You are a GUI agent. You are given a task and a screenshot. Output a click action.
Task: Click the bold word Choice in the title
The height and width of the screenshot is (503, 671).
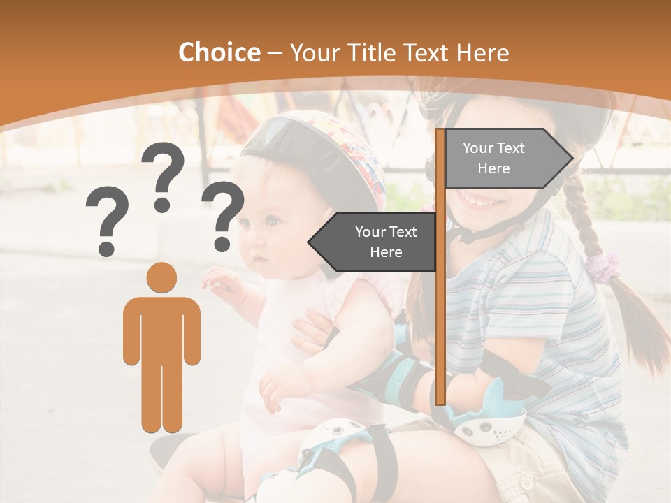coord(219,53)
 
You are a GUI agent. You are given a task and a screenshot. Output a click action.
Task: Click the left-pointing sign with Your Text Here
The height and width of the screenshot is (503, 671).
coord(374,242)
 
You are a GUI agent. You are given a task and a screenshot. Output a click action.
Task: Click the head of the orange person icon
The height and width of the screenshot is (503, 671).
coord(161,277)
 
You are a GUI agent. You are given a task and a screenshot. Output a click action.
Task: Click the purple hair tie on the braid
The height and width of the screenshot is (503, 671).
coord(603,265)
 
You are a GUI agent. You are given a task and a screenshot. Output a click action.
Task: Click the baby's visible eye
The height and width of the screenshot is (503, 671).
coord(271,222)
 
